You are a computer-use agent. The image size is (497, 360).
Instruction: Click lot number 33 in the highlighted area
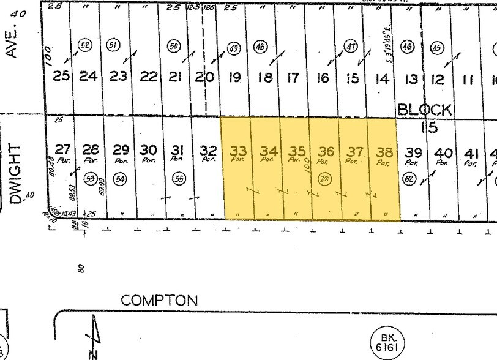pos(237,149)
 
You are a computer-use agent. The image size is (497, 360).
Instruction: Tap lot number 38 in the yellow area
pos(384,151)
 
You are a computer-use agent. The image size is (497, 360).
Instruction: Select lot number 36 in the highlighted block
pos(326,151)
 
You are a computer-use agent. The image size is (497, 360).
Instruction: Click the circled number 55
pos(179,178)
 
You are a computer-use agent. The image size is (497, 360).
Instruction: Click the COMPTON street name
pos(159,301)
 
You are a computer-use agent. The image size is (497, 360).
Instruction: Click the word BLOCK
pos(425,110)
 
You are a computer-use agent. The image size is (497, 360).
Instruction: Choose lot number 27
pos(63,149)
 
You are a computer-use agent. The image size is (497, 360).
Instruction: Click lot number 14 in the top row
pos(382,78)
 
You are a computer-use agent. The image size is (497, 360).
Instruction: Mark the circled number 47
pos(350,47)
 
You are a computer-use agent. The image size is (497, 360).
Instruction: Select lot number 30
pos(149,150)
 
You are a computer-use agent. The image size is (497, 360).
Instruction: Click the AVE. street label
pos(10,42)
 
